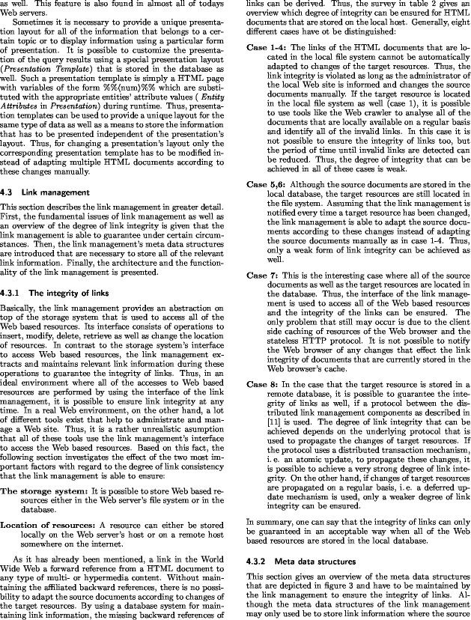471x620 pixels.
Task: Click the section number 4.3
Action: click(9, 192)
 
